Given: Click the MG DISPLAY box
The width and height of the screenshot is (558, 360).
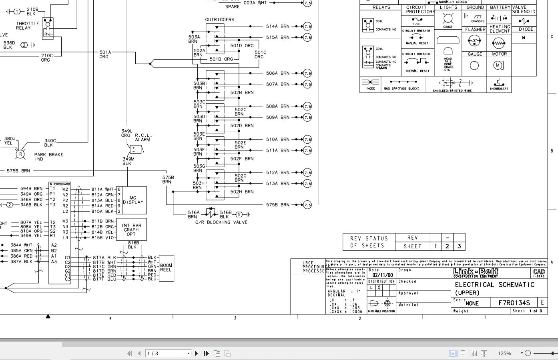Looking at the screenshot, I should coord(133,200).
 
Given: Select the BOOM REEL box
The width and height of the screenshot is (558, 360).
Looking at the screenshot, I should coord(166,268).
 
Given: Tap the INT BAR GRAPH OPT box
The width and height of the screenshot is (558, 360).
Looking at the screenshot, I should coord(131,230).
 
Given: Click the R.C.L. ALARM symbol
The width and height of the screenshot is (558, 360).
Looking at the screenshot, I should coord(136,150).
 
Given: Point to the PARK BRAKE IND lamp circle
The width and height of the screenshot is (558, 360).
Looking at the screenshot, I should coord(20,154).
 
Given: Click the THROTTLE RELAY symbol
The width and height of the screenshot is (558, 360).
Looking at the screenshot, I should coord(48,28).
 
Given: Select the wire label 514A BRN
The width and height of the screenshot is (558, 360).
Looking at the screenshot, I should coord(277,26).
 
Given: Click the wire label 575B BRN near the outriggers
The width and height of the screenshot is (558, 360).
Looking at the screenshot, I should coord(277,205).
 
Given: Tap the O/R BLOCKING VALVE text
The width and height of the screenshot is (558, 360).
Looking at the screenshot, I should coord(221,222).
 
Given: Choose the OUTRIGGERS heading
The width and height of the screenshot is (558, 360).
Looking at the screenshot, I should coord(220,20).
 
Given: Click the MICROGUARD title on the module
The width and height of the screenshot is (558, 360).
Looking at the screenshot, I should coord(60,184).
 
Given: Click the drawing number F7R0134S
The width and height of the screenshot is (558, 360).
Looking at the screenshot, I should coord(514,303).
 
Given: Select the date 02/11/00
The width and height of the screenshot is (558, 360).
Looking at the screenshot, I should coord(382,275).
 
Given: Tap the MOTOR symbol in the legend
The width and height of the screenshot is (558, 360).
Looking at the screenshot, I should coord(498,65).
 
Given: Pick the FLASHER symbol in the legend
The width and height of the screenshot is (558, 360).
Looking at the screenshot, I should coord(474,40).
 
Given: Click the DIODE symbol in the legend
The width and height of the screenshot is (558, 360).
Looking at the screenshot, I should coord(524,38).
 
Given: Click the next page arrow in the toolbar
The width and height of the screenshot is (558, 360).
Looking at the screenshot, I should coord(196,353).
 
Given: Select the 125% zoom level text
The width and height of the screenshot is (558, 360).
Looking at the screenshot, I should coord(504,353).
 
